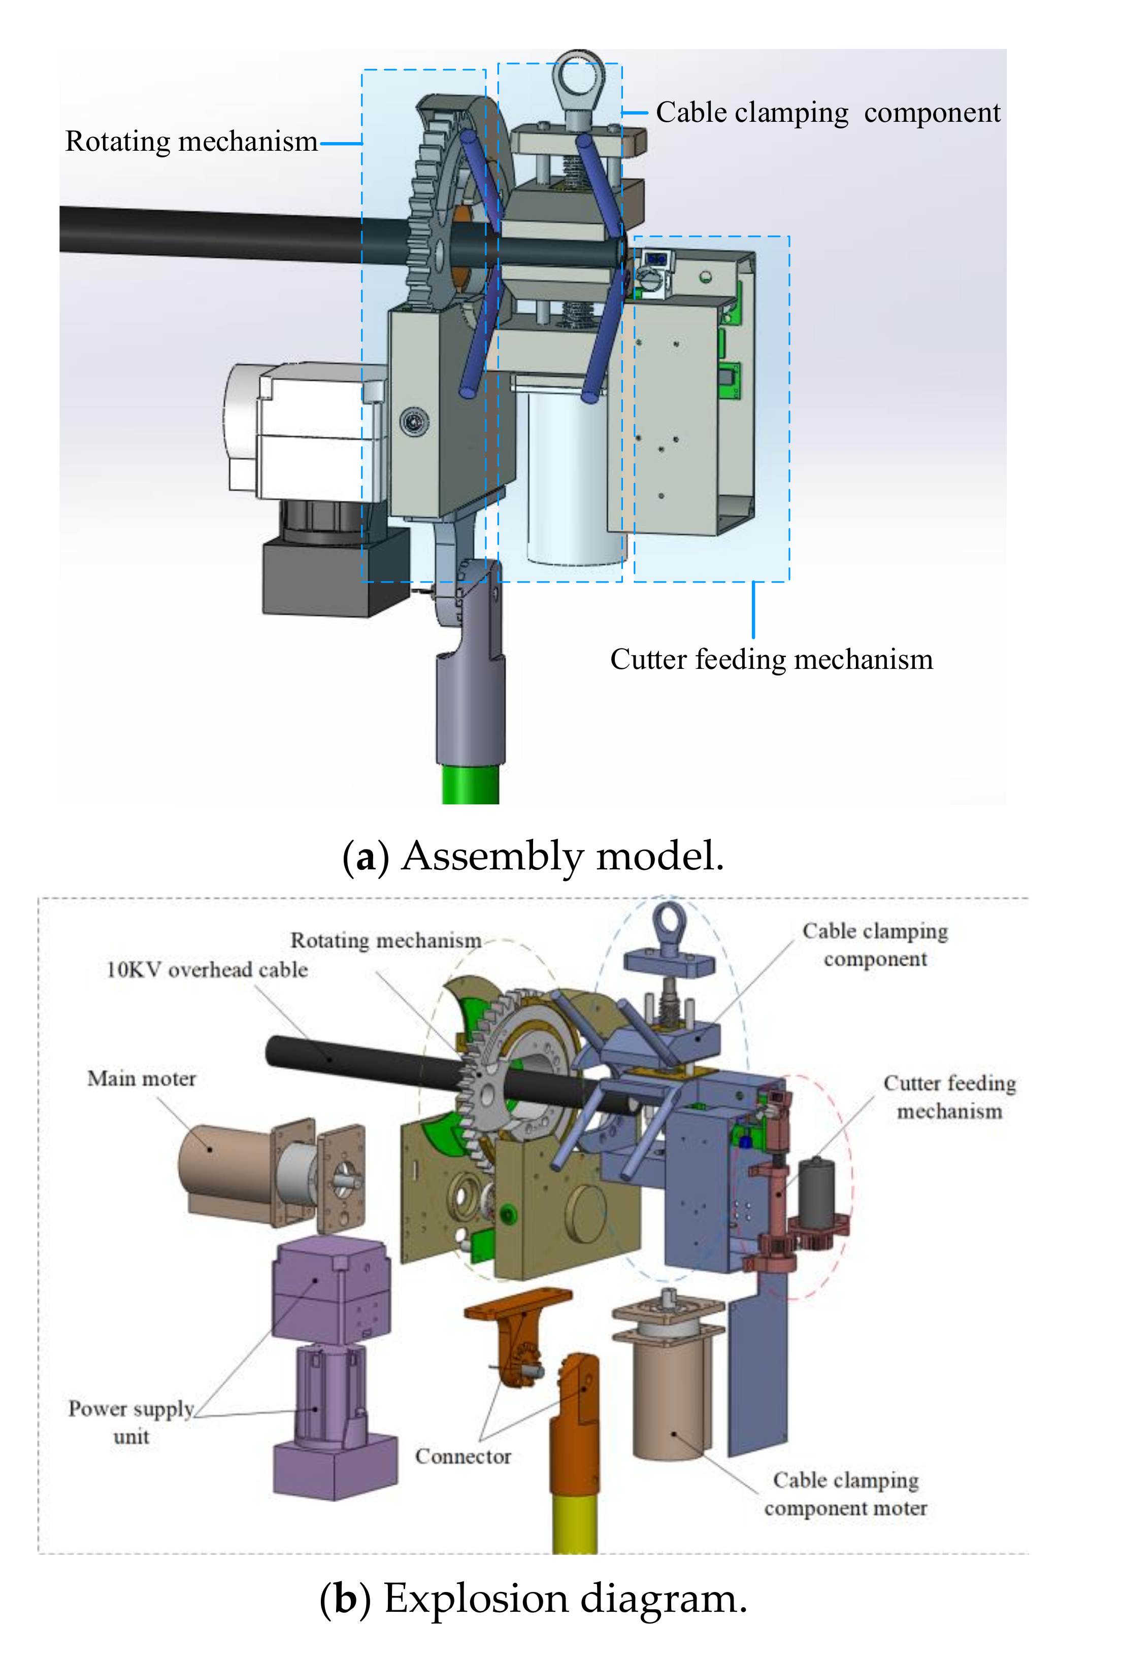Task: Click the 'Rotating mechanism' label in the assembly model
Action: point(191,142)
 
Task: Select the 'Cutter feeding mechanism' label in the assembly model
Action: point(771,659)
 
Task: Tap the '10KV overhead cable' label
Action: point(207,969)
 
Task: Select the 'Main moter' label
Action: point(142,1078)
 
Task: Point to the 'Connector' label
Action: point(463,1456)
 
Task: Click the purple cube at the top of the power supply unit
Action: point(331,1286)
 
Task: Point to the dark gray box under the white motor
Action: point(325,578)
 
